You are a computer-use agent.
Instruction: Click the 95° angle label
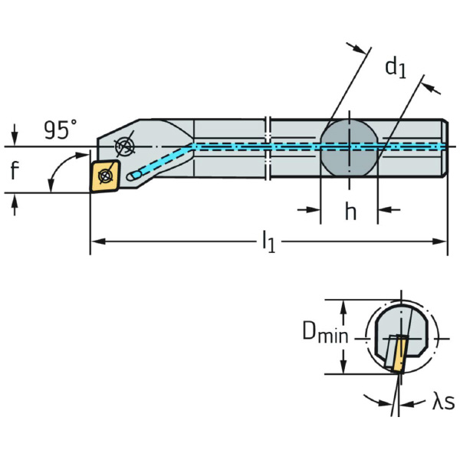[60, 130]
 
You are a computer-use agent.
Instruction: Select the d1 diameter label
[395, 68]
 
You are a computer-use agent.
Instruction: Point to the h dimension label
[350, 212]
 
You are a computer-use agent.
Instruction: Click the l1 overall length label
[268, 243]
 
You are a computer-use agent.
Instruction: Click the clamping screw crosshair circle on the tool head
[123, 147]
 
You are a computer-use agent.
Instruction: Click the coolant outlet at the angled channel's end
[133, 176]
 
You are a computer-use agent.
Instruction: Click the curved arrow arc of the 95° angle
[55, 172]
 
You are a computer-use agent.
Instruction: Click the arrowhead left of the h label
[314, 209]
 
